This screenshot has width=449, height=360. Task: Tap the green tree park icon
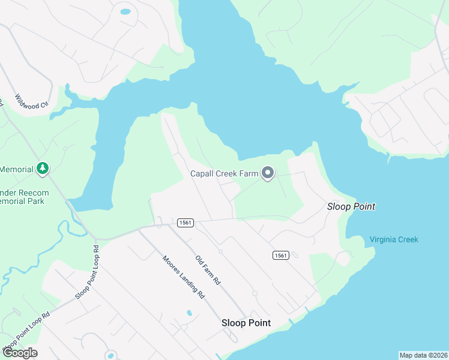[x=42, y=169]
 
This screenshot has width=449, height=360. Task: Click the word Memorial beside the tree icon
[x=16, y=169]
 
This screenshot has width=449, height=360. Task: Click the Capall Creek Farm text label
[x=224, y=174]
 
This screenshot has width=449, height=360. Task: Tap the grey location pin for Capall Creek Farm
[x=268, y=173]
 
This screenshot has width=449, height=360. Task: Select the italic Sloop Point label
[x=351, y=206]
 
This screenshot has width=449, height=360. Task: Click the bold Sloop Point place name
[x=246, y=323]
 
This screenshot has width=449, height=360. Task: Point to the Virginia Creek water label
[x=394, y=239]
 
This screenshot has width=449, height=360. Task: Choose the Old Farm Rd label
[x=208, y=270]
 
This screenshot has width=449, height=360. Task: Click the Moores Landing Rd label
[x=184, y=278]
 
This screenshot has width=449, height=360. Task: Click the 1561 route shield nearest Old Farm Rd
[x=185, y=223]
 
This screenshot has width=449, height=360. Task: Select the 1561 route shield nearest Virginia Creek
[x=280, y=255]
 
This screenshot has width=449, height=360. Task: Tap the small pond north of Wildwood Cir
[x=125, y=11]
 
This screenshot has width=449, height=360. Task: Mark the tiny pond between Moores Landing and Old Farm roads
[x=189, y=313]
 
